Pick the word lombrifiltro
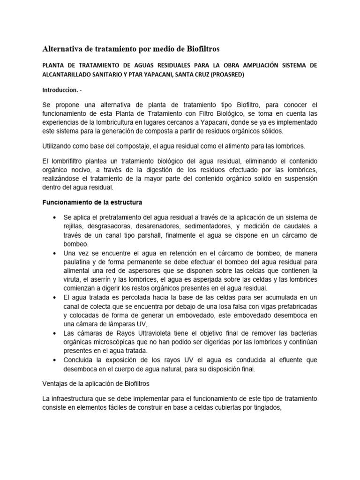click(66, 161)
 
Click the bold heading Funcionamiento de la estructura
click(89, 202)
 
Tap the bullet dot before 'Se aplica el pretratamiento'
click(56, 218)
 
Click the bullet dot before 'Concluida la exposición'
click(56, 360)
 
